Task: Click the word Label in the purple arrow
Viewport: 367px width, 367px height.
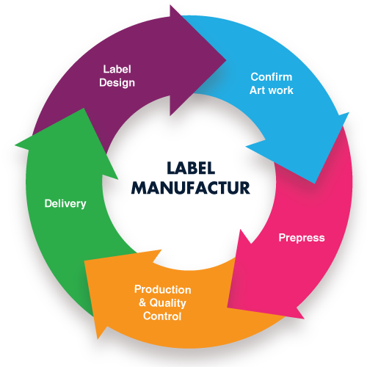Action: tap(117, 69)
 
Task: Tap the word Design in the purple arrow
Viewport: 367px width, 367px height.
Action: tap(117, 83)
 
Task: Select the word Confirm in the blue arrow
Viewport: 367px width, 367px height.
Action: tap(272, 77)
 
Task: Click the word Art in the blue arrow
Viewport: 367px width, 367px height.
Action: tap(256, 90)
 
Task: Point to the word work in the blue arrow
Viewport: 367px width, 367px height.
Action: tap(280, 90)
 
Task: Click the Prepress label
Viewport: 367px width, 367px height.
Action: tap(302, 238)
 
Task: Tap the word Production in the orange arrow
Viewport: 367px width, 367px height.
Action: tap(163, 290)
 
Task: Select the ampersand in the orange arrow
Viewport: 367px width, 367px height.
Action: tap(142, 302)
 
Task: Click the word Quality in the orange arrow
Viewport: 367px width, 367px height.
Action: tap(168, 303)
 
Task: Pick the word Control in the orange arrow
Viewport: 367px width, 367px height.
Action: tap(162, 316)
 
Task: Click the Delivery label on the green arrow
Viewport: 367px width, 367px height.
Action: tap(65, 204)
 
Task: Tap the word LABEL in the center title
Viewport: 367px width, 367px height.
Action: tap(191, 168)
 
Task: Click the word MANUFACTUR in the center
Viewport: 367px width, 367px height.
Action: tap(191, 188)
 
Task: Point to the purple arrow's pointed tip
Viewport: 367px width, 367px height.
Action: tap(226, 59)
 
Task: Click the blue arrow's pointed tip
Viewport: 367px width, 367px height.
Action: tap(315, 183)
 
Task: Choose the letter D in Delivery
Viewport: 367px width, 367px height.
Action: tap(48, 203)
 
